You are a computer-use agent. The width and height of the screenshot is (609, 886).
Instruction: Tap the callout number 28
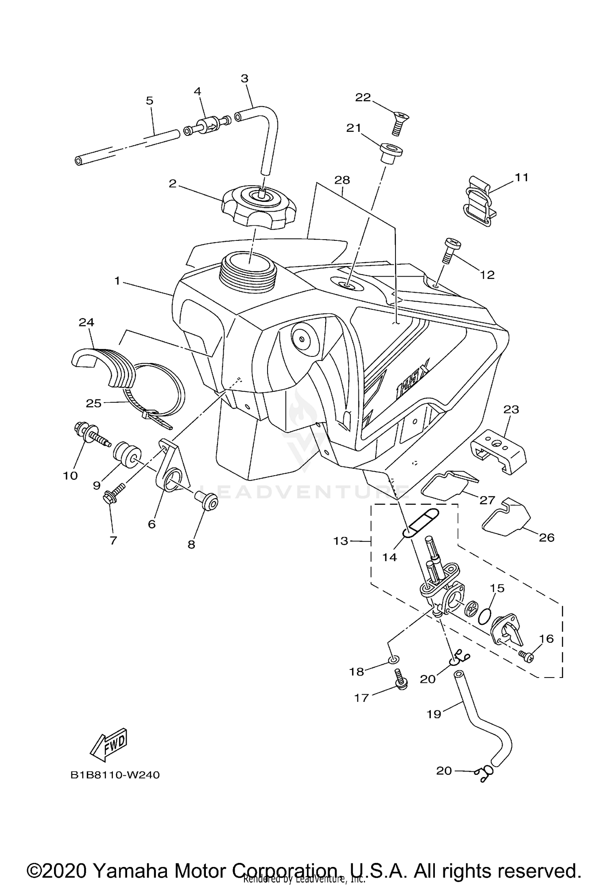tap(342, 180)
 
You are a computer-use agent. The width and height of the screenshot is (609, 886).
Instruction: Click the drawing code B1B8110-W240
tap(115, 775)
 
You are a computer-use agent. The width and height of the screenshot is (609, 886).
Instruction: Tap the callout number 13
tap(341, 541)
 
